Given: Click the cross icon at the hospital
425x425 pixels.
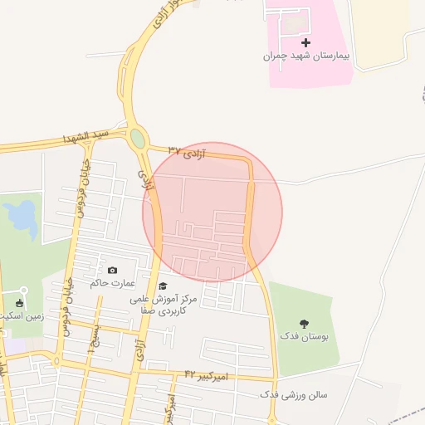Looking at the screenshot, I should (x=306, y=42).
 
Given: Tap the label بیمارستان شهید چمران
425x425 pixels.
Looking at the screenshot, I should (x=305, y=56).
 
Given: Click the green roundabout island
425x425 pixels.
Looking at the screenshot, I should (x=138, y=138).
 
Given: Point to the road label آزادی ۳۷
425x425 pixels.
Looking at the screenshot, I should (x=186, y=150).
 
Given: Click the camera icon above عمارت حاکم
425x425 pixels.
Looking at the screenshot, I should (x=113, y=270).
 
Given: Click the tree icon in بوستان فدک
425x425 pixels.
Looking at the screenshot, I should (x=303, y=325).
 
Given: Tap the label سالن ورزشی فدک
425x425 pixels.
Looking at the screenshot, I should (x=294, y=394).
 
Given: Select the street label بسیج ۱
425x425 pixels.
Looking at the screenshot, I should (x=95, y=335).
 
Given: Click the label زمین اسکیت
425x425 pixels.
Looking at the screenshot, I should (x=22, y=316).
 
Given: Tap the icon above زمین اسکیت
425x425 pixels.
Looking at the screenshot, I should (x=21, y=302).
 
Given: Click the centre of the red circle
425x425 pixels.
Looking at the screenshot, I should (x=212, y=212).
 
